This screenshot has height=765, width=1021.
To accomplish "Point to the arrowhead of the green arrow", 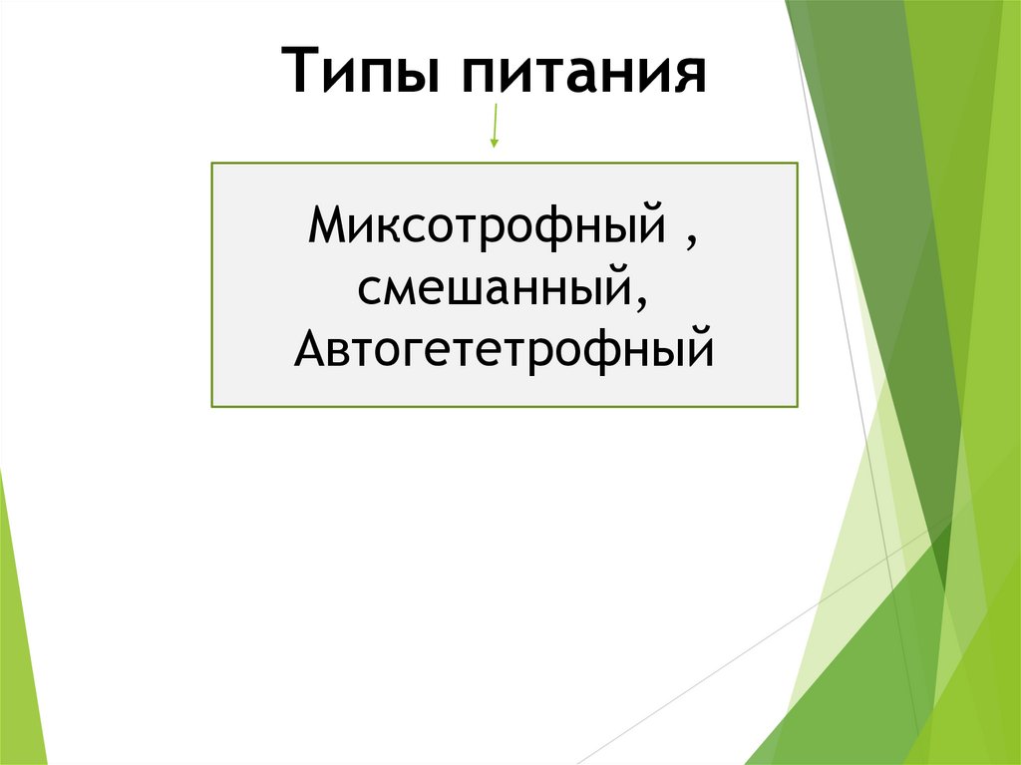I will [x=494, y=144].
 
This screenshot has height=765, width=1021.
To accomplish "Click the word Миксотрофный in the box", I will [x=487, y=225].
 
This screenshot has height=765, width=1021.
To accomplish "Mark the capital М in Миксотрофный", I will [x=326, y=225].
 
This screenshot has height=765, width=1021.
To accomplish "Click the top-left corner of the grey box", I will [x=212, y=165].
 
